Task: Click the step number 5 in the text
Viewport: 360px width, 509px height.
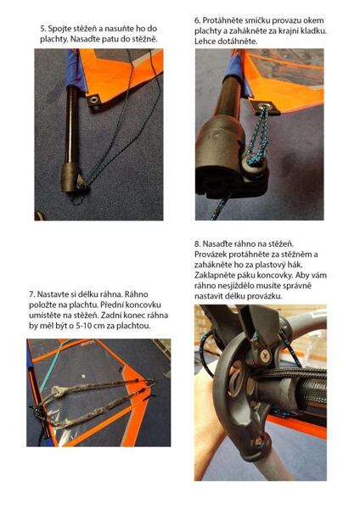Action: pyautogui.click(x=43, y=29)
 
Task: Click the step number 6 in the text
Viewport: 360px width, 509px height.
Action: pyautogui.click(x=197, y=20)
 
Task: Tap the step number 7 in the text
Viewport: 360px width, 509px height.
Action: pyautogui.click(x=31, y=294)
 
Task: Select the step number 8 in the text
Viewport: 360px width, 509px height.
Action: pyautogui.click(x=197, y=244)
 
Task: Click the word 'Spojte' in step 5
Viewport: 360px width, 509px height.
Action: pyautogui.click(x=59, y=29)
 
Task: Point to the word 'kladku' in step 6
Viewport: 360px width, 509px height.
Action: pyautogui.click(x=314, y=31)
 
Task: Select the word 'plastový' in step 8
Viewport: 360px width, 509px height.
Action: pyautogui.click(x=272, y=266)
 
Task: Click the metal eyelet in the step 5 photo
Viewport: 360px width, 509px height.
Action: pyautogui.click(x=94, y=99)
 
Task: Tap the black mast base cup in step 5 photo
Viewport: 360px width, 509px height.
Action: pyautogui.click(x=70, y=177)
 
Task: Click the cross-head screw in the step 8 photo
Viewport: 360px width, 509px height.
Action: pyautogui.click(x=265, y=355)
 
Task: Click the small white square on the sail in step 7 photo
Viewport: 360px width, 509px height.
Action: pyautogui.click(x=83, y=376)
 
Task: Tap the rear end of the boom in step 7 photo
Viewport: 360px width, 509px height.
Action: pyautogui.click(x=150, y=385)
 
